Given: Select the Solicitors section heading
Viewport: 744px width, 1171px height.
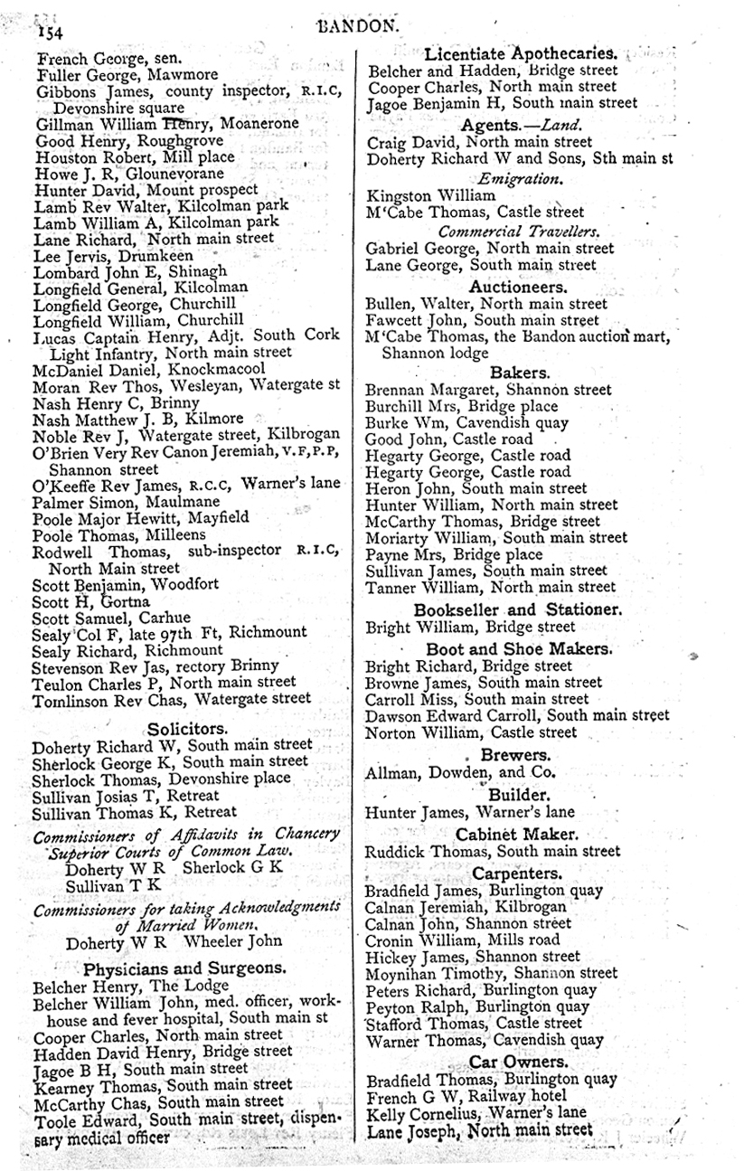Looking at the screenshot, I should [x=187, y=728].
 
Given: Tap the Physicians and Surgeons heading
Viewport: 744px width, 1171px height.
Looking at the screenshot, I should [x=184, y=967].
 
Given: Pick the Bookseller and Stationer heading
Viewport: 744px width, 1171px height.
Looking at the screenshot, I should [x=517, y=609].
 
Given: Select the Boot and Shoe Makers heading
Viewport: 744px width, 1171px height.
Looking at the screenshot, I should [x=519, y=648].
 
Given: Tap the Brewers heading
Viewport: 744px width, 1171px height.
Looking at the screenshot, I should [x=514, y=754].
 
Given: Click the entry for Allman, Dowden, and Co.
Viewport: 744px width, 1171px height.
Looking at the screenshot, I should [x=460, y=773].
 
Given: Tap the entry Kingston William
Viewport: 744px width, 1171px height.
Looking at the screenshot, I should [x=430, y=195].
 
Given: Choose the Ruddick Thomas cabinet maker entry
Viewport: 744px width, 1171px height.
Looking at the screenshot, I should [x=492, y=852].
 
